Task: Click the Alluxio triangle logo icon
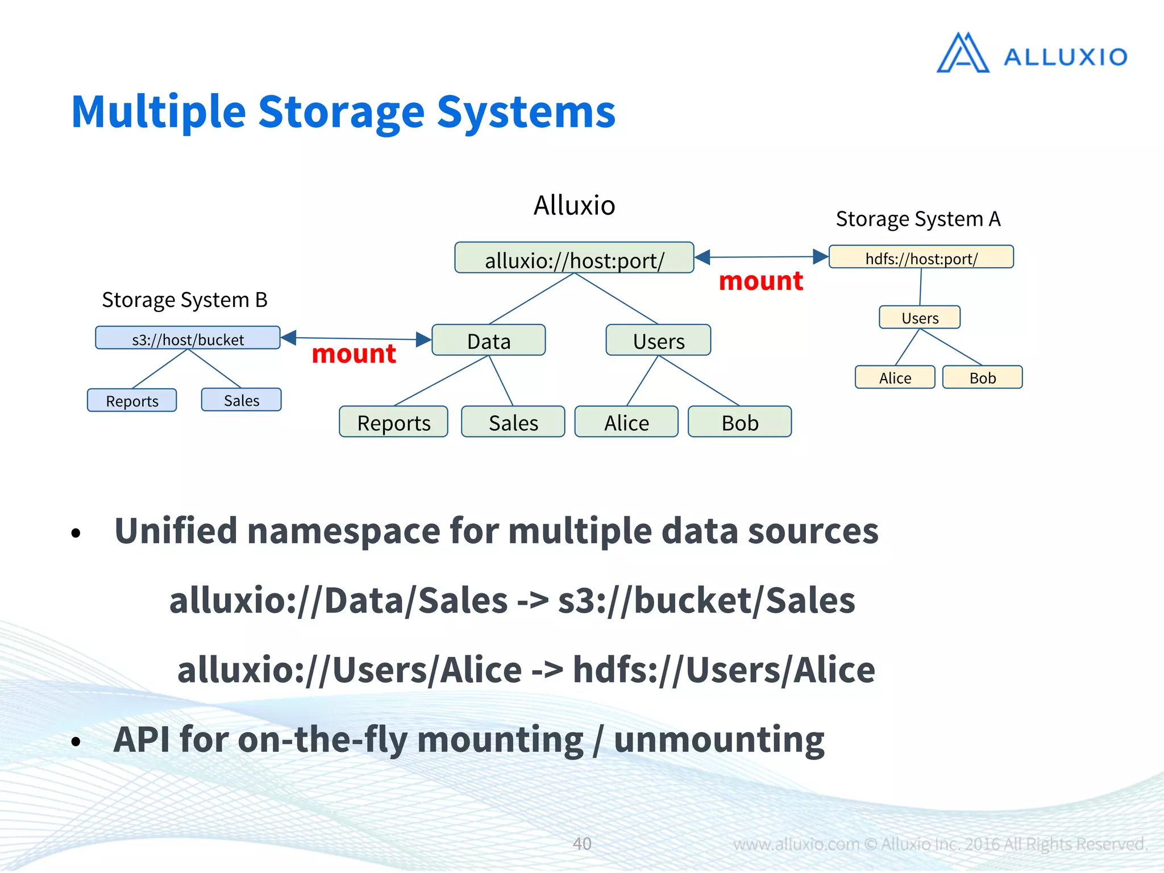pyautogui.click(x=962, y=53)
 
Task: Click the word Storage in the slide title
pyautogui.click(x=341, y=112)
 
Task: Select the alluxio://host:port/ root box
pyautogui.click(x=574, y=259)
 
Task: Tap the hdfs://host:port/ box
pyautogui.click(x=921, y=257)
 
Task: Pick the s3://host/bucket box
pyautogui.click(x=188, y=338)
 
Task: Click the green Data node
pyautogui.click(x=489, y=340)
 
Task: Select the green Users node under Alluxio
pyautogui.click(x=658, y=340)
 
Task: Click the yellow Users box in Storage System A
pyautogui.click(x=920, y=317)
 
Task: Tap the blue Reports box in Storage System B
pyautogui.click(x=132, y=400)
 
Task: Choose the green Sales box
pyautogui.click(x=513, y=422)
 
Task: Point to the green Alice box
pyautogui.click(x=626, y=422)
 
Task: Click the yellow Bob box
pyautogui.click(x=982, y=377)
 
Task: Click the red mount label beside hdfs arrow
pyautogui.click(x=760, y=281)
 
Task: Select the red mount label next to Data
pyautogui.click(x=354, y=354)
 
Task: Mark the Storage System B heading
pyautogui.click(x=185, y=300)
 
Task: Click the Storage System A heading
pyautogui.click(x=918, y=219)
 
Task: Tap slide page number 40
pyautogui.click(x=581, y=843)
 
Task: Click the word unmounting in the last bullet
pyautogui.click(x=719, y=739)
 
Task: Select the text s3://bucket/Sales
pyautogui.click(x=706, y=601)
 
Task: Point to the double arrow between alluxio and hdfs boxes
pyautogui.click(x=762, y=257)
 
